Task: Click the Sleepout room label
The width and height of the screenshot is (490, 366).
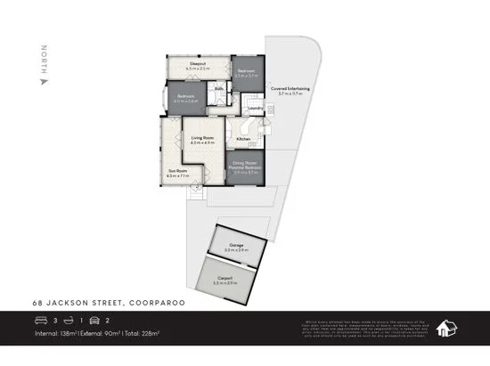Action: [197, 63]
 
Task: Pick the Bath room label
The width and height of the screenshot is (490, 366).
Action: [218, 90]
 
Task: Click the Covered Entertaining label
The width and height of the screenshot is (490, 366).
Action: [290, 90]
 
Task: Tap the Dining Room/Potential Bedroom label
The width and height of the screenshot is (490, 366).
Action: [245, 165]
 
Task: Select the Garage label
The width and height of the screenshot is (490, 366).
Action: [236, 245]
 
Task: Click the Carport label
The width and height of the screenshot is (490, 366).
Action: [224, 279]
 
